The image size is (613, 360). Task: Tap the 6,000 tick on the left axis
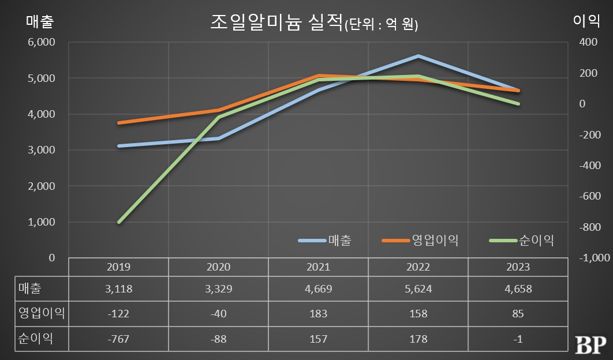point(40,42)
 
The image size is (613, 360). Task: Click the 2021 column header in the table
point(318,267)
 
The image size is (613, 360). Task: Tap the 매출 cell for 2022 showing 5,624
point(418,290)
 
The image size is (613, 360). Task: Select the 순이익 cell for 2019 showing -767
point(119,339)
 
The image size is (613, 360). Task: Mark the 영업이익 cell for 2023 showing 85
point(518,314)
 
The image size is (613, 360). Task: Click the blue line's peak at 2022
point(418,56)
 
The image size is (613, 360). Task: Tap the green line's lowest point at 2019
point(119,222)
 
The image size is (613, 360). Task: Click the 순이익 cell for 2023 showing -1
point(518,339)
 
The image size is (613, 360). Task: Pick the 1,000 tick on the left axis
point(40,222)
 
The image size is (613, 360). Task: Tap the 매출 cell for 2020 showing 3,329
point(218,290)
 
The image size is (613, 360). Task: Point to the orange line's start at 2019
point(119,123)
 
